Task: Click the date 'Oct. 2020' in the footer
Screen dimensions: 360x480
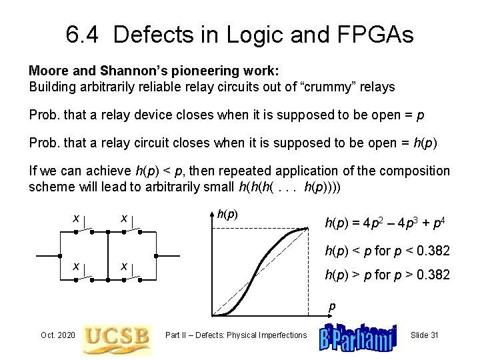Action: [x=58, y=334]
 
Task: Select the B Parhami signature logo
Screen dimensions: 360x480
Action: [x=358, y=335]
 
